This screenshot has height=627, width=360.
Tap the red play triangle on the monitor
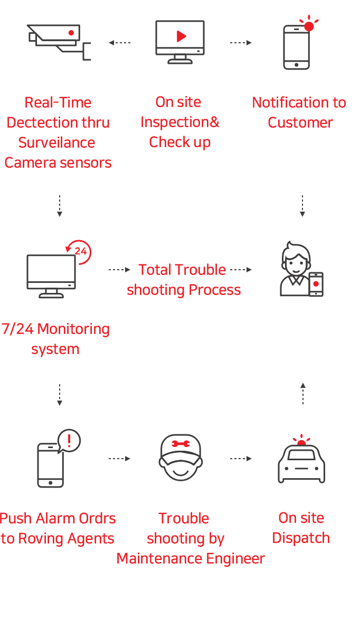coord(181,36)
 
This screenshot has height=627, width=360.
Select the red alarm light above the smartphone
coord(309,25)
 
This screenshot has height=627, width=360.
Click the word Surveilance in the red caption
coord(57,142)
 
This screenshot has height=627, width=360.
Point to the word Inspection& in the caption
coord(180,122)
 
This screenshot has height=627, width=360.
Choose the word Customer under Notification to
coord(300,122)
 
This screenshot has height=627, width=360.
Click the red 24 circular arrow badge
coord(80,251)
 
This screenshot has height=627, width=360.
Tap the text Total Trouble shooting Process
coord(183,280)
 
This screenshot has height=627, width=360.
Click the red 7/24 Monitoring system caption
coord(55,339)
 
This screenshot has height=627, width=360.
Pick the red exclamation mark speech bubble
coord(70,440)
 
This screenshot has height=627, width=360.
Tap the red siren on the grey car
coord(301,441)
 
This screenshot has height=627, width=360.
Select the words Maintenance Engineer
coord(192,558)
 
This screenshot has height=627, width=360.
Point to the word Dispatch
coord(301,538)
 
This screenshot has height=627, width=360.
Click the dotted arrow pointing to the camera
coord(119,43)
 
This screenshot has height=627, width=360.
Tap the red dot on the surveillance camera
coord(71,33)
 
